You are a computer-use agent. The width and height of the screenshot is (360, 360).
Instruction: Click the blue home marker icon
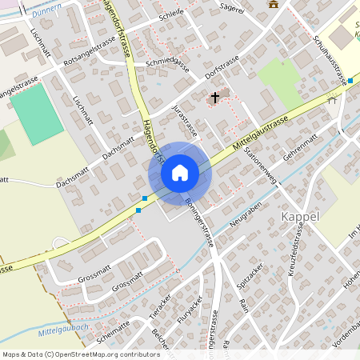pos(180,172)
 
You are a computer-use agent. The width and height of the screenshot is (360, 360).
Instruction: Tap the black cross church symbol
pos(214,98)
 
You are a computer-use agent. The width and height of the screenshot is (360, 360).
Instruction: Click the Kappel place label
pos(301,217)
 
